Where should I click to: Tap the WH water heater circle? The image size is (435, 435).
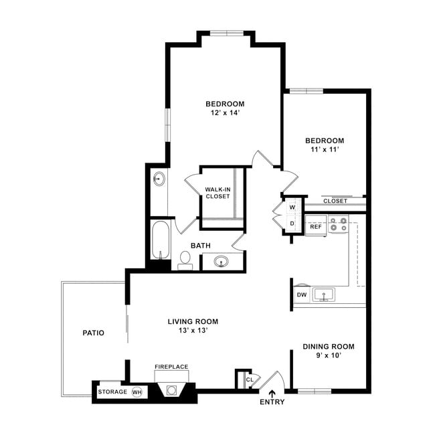pyautogui.click(x=137, y=392)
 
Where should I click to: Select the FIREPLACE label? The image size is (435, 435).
pyautogui.click(x=171, y=367)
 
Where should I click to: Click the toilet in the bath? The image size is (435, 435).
pyautogui.click(x=185, y=260)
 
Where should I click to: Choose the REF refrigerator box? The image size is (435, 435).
pyautogui.click(x=316, y=227)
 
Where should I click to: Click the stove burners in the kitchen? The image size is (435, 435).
pyautogui.click(x=338, y=224)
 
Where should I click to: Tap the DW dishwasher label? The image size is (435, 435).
pyautogui.click(x=302, y=294)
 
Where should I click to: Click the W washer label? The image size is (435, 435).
pyautogui.click(x=292, y=207)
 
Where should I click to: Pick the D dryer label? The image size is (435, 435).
pyautogui.click(x=292, y=224)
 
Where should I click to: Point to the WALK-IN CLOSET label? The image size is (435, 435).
pyautogui.click(x=218, y=193)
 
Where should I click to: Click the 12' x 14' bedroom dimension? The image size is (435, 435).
pyautogui.click(x=225, y=114)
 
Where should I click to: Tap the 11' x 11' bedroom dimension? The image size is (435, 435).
pyautogui.click(x=325, y=150)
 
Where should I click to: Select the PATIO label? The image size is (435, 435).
pyautogui.click(x=93, y=332)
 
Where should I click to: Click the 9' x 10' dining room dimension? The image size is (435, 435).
pyautogui.click(x=328, y=355)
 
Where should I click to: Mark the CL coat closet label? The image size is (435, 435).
pyautogui.click(x=249, y=379)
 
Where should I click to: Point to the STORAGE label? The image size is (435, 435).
pyautogui.click(x=112, y=391)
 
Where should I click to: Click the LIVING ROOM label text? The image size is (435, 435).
pyautogui.click(x=193, y=322)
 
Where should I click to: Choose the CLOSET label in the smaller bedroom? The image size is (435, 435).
pyautogui.click(x=335, y=201)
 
